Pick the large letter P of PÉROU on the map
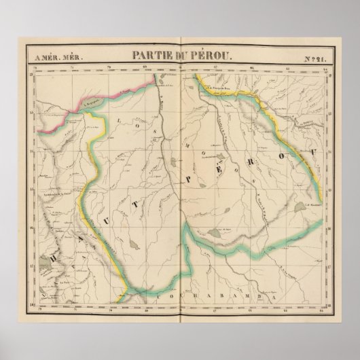click(x=185, y=178)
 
